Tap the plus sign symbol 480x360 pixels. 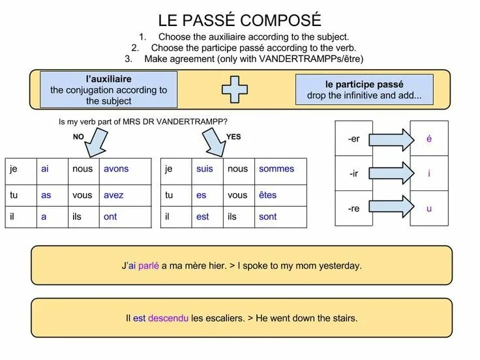point(235,89)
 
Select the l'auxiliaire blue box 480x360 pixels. point(108,90)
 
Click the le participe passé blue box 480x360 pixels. point(364,90)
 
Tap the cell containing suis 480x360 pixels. point(207,169)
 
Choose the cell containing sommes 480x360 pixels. point(280,169)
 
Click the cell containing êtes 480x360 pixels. point(280,195)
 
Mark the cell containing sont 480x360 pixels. point(280,217)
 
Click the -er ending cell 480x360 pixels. point(354,139)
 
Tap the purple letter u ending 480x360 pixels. point(429,209)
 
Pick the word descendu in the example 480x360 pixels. point(168,318)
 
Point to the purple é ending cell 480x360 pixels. point(429,139)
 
